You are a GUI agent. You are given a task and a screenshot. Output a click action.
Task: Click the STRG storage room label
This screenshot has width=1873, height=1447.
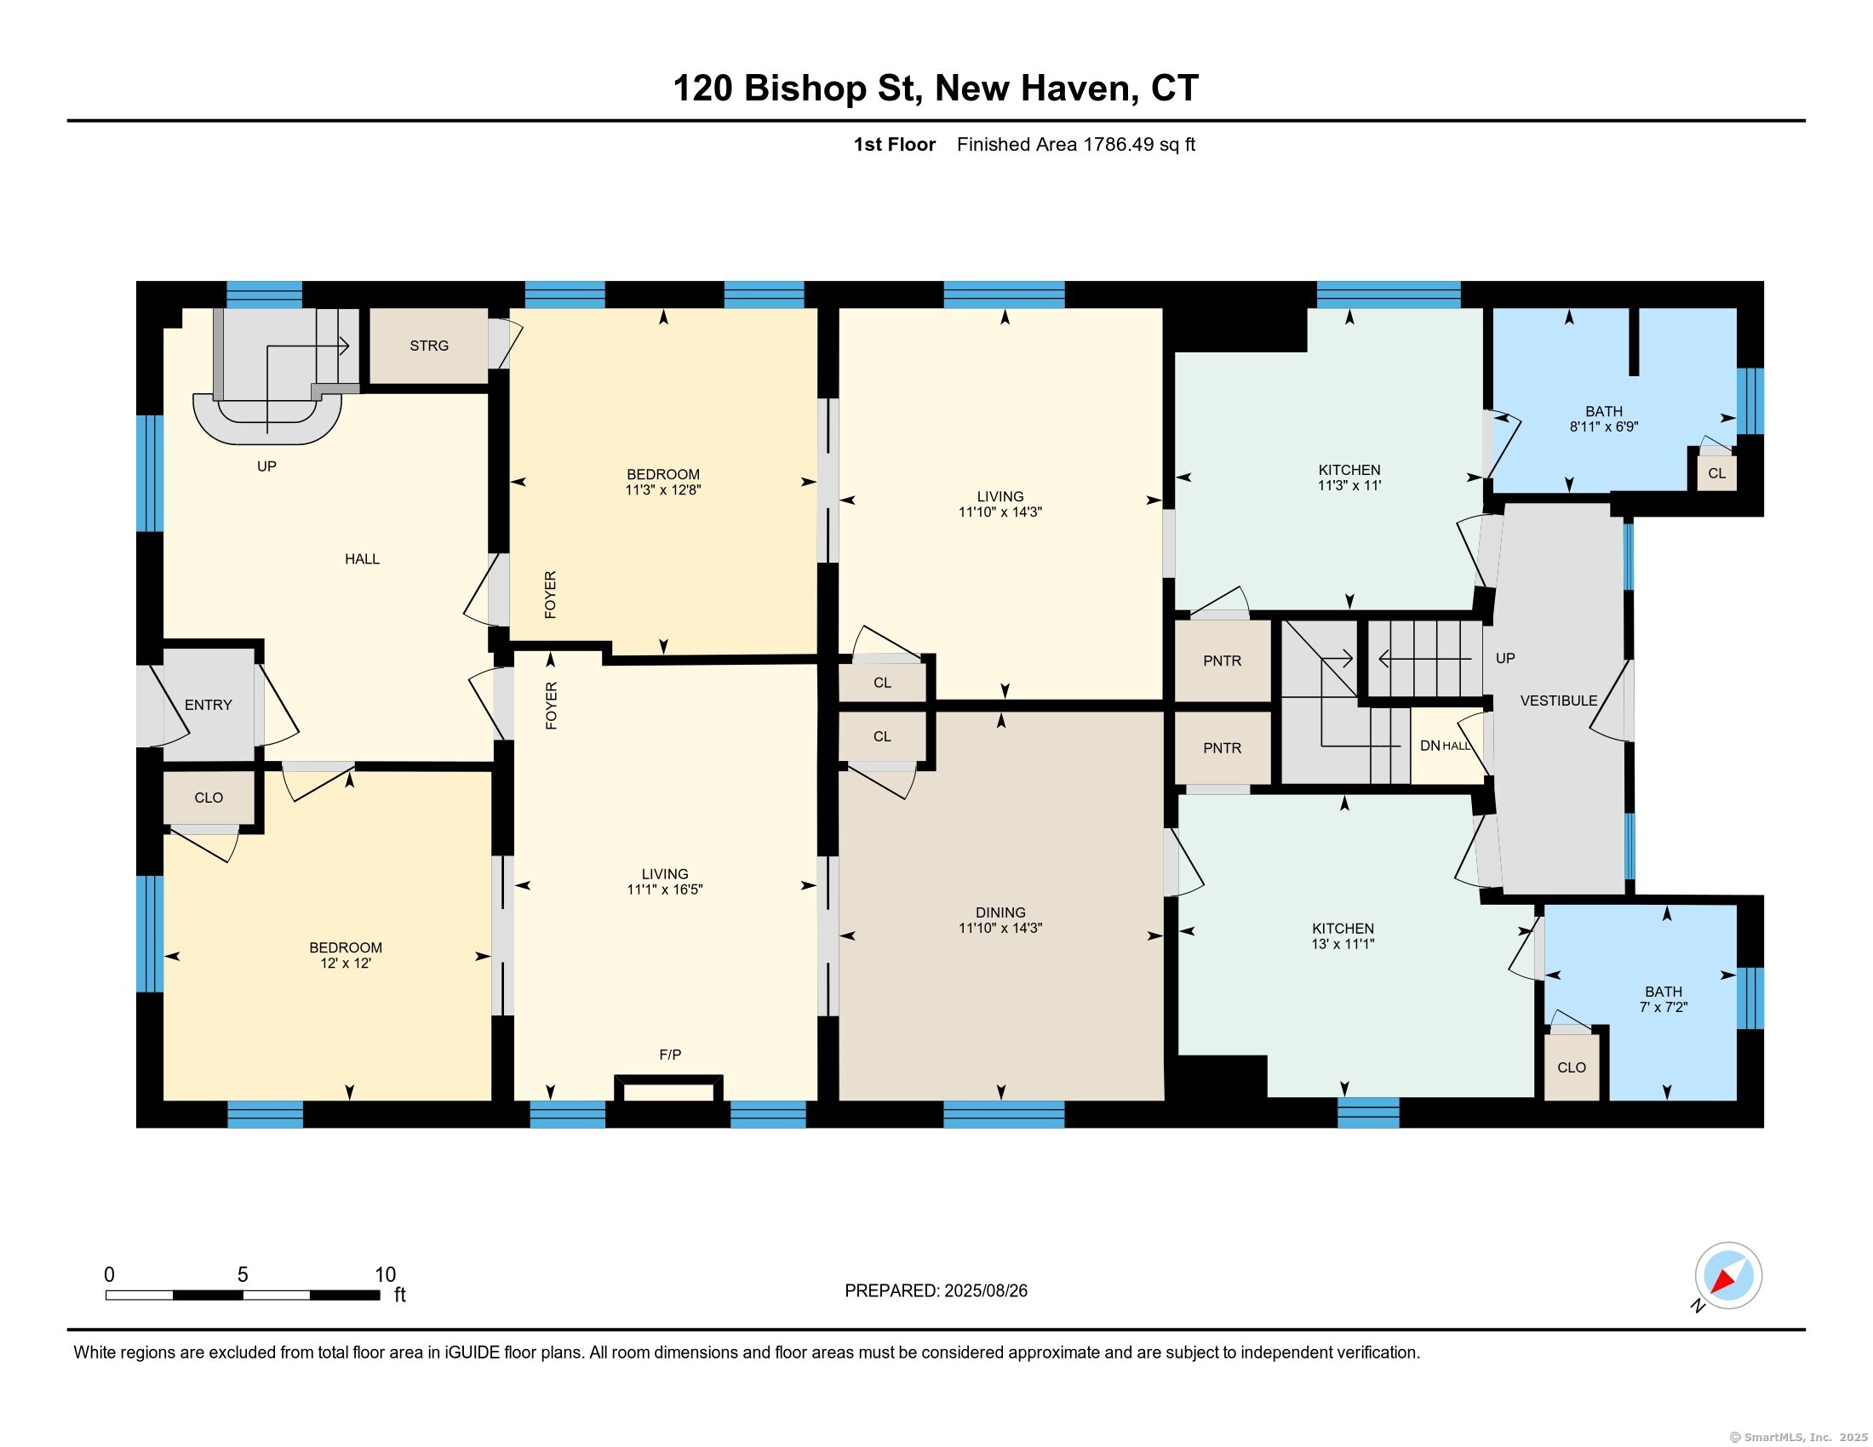(429, 346)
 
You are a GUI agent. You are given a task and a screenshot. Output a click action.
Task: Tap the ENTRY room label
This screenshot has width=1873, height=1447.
(209, 705)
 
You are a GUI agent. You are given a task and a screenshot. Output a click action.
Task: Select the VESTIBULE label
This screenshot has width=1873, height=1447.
(1558, 701)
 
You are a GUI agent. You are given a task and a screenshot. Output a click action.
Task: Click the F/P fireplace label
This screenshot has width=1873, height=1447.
(671, 1055)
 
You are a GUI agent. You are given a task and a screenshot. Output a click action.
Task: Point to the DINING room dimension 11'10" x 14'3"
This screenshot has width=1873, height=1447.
(1000, 928)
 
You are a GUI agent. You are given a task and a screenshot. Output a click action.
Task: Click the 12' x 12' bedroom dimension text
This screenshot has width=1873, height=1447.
(345, 963)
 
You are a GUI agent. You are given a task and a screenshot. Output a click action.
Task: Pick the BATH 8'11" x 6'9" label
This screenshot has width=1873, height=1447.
(1604, 418)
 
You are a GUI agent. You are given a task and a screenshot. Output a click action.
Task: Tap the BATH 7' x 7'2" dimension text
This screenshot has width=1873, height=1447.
(1663, 1007)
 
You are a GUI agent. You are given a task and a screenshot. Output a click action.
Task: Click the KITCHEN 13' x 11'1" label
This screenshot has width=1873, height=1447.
(1343, 936)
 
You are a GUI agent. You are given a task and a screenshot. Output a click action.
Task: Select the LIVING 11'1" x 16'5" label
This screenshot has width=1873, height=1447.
(665, 882)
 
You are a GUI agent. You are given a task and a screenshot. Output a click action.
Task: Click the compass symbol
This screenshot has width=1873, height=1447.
(1727, 1276)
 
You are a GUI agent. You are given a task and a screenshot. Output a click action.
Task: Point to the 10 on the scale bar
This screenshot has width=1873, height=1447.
(385, 1275)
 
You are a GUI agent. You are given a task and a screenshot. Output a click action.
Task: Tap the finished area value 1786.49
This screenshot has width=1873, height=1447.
(1119, 144)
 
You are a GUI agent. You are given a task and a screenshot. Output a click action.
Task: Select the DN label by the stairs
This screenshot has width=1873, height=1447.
(1429, 746)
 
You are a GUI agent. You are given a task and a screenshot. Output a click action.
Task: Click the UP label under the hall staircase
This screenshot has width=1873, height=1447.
(266, 466)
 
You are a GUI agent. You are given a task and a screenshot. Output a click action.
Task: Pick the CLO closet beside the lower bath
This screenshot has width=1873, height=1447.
(1571, 1067)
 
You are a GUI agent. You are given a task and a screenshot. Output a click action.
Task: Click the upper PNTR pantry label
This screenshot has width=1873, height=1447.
(1222, 661)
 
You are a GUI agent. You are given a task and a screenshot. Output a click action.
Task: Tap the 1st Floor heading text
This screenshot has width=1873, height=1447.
(894, 144)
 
